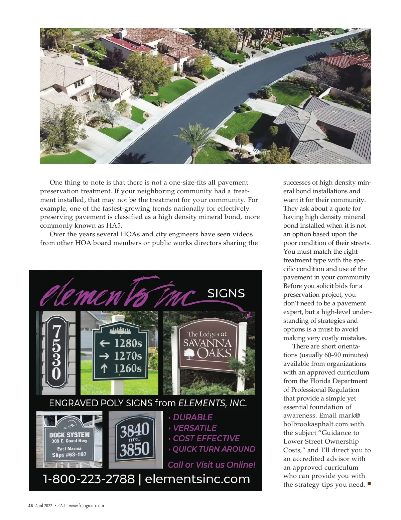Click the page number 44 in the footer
coord(30,506)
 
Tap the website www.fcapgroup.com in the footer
coord(86,506)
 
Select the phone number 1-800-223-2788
coord(89,479)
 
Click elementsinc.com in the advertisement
coord(197,479)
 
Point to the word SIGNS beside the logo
coord(226,293)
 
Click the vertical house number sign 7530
coord(56,353)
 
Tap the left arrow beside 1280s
coord(105,343)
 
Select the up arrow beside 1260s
coord(104,368)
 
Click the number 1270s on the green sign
coord(128,356)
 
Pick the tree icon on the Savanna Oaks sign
coord(189,354)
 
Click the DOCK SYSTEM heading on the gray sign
coord(69,435)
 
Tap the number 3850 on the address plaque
coord(135,450)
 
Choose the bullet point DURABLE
coord(192,417)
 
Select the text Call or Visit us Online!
coord(212,465)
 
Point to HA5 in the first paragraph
coord(114,225)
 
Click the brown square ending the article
coord(369,484)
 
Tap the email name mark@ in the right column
coord(350,416)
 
